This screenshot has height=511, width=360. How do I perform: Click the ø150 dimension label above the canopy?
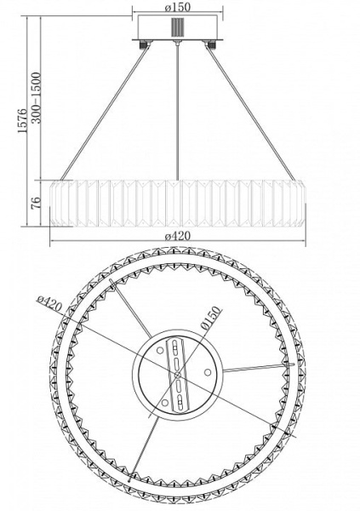pyautogui.click(x=177, y=7)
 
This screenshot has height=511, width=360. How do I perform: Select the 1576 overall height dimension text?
pyautogui.click(x=22, y=121)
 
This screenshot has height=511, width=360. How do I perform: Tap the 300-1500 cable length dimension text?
pyautogui.click(x=37, y=97)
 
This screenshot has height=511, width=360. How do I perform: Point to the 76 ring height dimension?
pyautogui.click(x=37, y=203)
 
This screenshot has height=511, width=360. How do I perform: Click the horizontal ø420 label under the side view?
pyautogui.click(x=178, y=236)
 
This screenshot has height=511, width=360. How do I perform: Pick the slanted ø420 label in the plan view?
pyautogui.click(x=49, y=304)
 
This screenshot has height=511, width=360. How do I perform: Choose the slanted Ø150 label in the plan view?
pyautogui.click(x=211, y=319)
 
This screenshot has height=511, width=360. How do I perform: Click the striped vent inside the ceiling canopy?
pyautogui.click(x=177, y=27)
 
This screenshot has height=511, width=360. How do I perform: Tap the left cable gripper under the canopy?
pyautogui.click(x=143, y=44)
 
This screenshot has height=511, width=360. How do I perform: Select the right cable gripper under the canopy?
pyautogui.click(x=212, y=44)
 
